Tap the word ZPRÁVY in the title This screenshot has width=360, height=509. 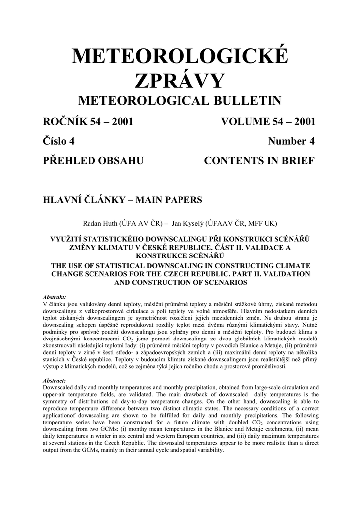180,81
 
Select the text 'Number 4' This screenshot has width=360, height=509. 291,141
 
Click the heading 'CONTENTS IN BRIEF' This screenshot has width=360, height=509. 260,161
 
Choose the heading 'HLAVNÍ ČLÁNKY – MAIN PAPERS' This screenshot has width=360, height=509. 123,200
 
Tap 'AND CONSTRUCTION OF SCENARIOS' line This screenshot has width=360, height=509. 180,282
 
